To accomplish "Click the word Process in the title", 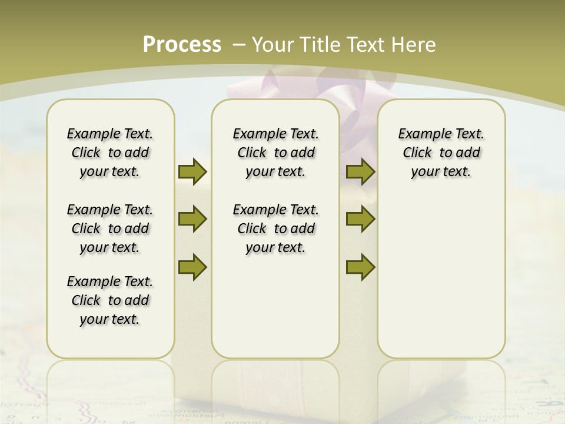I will point(182,45).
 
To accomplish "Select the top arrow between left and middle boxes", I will point(192,171).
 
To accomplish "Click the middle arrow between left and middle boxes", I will point(192,219).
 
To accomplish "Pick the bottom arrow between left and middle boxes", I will point(192,267).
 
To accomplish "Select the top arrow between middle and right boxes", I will point(360,171).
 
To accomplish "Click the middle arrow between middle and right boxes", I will point(360,219).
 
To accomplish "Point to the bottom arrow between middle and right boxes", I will point(360,267).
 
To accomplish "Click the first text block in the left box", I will point(110,153).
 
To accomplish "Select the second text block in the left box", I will point(110,228).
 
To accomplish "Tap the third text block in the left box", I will point(110,300).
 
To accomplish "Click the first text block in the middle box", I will point(275,153).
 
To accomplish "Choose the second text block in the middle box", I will point(275,228).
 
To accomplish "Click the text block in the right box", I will point(441,153).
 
